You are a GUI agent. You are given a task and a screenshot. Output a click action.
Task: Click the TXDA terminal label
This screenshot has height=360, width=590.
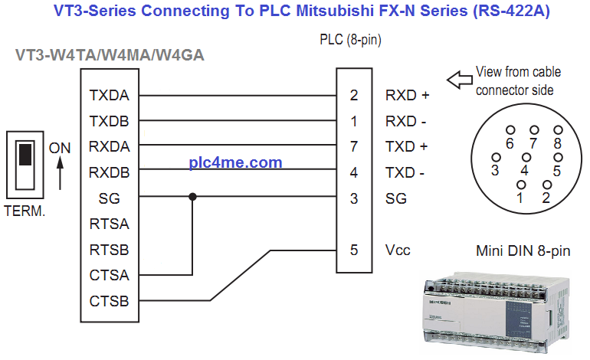coord(109,97)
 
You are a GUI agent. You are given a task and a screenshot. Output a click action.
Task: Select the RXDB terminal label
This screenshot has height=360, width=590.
coord(109,172)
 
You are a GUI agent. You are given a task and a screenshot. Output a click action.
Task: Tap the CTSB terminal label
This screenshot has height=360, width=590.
coord(109,299)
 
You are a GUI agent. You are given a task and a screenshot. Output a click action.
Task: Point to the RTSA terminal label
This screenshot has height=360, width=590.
coord(109,224)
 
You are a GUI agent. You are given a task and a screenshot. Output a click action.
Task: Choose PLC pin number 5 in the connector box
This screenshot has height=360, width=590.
coord(353,250)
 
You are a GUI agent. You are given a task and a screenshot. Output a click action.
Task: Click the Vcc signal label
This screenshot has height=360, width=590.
coord(398,250)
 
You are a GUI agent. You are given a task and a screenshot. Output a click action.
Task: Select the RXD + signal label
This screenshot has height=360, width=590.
coord(407,97)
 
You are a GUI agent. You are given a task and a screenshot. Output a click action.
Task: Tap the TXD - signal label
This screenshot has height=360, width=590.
coord(405,172)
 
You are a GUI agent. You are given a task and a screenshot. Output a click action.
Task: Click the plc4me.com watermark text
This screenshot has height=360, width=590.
coord(235,162)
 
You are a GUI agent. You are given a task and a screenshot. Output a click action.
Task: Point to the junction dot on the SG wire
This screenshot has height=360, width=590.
coord(192,198)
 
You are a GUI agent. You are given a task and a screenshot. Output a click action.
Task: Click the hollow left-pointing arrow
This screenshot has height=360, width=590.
coord(459,79)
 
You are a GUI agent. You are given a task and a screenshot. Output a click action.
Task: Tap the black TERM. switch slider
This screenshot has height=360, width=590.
coord(25,153)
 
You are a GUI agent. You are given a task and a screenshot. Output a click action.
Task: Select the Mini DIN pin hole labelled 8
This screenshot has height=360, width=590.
coord(558,131)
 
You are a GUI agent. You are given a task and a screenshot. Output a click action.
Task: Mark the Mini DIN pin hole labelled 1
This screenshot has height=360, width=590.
coord(522,185)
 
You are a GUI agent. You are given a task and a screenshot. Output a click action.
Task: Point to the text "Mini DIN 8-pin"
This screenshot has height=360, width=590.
coord(523,250)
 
